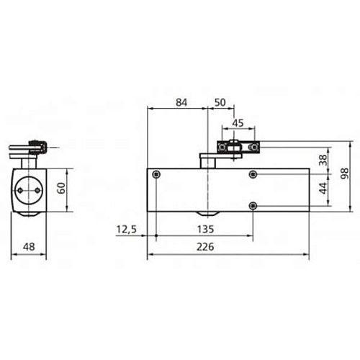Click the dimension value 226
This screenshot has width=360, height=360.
tap(228, 246)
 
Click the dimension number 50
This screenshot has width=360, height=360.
tap(220, 103)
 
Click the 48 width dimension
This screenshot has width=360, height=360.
tap(29, 246)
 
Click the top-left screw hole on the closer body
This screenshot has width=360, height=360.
tap(156, 175)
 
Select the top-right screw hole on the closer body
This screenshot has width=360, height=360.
tap(252, 175)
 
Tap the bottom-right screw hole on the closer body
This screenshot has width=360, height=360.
tap(252, 206)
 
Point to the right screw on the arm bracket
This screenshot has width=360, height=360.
tap(252, 148)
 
